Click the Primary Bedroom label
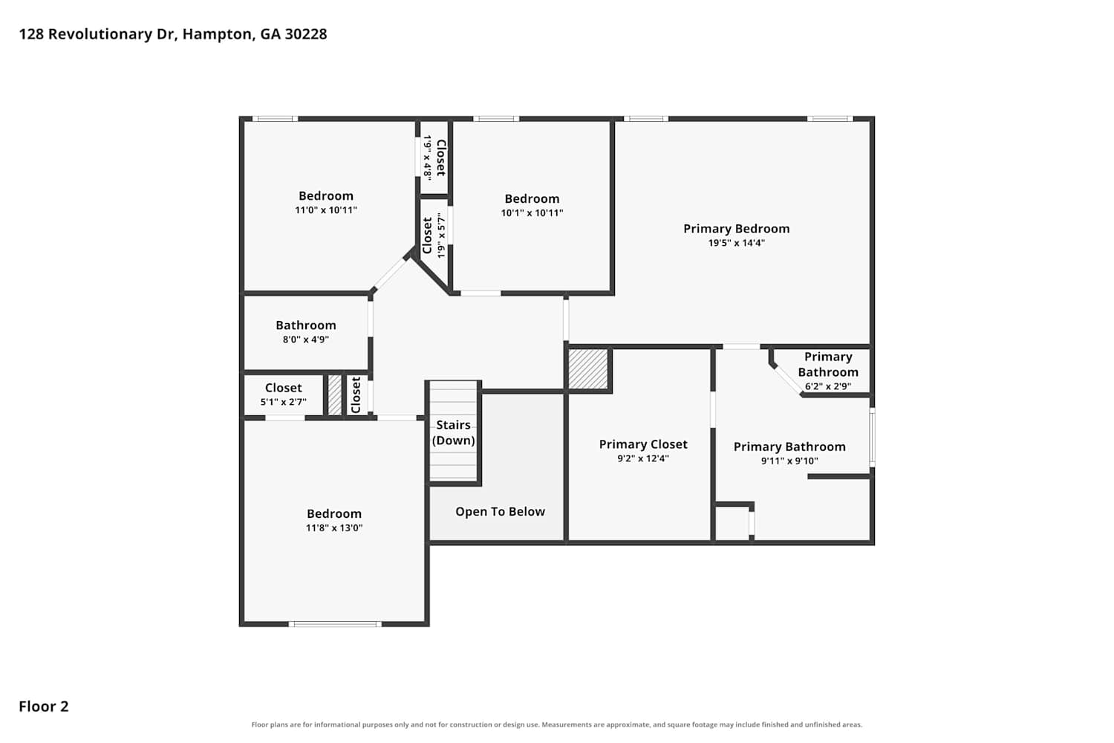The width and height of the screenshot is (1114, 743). (736, 229)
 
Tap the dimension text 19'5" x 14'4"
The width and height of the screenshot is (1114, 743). (736, 243)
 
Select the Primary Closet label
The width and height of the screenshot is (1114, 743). (643, 444)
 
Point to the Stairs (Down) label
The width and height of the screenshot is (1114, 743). (453, 432)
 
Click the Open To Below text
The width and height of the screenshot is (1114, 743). (500, 512)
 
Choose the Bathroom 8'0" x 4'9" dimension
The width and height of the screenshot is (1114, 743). (305, 340)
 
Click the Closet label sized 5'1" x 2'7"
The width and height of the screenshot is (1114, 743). (283, 388)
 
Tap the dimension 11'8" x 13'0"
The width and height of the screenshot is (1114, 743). (333, 528)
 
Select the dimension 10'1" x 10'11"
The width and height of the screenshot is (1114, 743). (532, 213)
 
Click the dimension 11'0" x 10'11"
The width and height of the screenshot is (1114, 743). (326, 210)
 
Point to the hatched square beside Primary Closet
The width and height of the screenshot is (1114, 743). (588, 369)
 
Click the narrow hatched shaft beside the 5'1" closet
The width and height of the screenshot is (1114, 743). (335, 395)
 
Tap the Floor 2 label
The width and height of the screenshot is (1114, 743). (44, 707)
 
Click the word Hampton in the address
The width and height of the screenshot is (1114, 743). (216, 34)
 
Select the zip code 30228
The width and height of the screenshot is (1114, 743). (306, 34)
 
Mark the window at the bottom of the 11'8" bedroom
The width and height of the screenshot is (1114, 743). (335, 624)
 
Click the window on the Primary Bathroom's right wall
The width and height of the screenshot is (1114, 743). (872, 438)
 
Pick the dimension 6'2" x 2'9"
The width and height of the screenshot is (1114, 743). (827, 386)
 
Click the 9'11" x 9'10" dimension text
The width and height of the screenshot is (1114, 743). (789, 461)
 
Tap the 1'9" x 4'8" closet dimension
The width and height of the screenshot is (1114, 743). (427, 158)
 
